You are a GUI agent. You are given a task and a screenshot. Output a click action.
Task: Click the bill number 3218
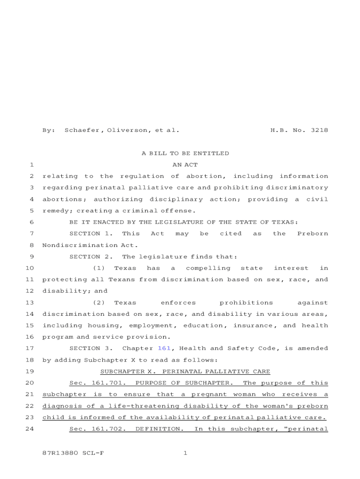click(319, 131)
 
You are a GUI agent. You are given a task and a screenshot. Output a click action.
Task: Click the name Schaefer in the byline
click(82, 131)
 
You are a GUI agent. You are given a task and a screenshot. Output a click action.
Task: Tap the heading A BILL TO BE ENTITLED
click(185, 153)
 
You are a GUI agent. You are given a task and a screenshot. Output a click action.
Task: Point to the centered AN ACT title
click(185, 165)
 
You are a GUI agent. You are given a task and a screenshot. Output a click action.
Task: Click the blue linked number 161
click(164, 348)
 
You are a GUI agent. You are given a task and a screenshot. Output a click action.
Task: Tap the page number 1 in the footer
click(185, 453)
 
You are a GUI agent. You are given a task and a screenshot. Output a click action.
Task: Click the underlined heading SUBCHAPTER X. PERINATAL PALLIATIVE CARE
click(185, 371)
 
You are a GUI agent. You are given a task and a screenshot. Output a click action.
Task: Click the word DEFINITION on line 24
click(159, 429)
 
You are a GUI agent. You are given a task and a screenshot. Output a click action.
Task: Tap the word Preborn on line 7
click(312, 233)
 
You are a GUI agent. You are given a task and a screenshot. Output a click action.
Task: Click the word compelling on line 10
click(208, 268)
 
